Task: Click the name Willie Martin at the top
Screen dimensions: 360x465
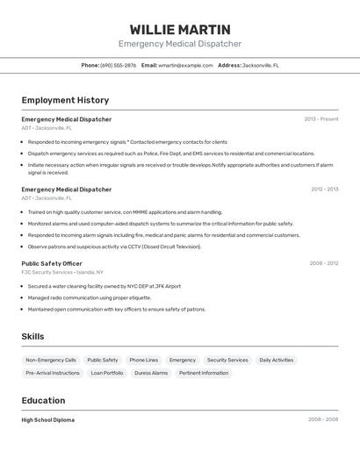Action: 180,30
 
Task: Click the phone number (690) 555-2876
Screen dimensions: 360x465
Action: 119,65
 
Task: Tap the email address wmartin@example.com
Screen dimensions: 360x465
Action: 185,65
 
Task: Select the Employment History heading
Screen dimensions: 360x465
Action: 65,100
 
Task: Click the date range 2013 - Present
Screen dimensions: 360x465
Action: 321,119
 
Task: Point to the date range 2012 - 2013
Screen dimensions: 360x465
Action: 324,190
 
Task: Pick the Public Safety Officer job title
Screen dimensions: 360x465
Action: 52,263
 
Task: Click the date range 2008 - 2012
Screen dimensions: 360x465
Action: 324,263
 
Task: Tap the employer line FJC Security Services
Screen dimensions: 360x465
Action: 61,272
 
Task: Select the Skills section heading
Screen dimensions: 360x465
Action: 33,337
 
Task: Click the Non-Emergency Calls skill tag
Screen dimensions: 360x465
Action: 51,360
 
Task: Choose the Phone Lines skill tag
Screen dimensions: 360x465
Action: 144,360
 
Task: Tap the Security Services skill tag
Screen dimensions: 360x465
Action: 227,360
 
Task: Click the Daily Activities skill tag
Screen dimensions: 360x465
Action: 277,360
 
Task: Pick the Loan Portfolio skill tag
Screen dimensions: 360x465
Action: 107,373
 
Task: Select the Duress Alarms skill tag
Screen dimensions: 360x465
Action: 151,373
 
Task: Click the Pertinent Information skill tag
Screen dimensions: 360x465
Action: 204,373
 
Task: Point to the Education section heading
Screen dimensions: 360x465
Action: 44,401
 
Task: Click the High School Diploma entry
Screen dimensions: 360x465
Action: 48,420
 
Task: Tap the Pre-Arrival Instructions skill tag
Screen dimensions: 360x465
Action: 53,373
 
